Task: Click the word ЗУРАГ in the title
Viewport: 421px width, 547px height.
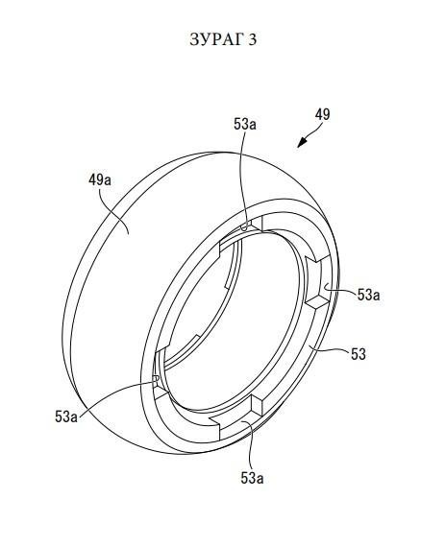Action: pos(216,39)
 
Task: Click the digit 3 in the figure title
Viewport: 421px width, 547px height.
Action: pos(253,39)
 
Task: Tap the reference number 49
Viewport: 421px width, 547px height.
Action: pos(322,114)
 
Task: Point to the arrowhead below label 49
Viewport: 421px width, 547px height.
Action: pos(301,143)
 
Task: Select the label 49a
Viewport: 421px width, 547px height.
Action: pos(100,180)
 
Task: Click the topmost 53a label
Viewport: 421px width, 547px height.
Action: pos(245,124)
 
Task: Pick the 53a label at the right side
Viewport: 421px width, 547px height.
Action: pos(368,295)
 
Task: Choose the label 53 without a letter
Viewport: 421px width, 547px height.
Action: pos(359,354)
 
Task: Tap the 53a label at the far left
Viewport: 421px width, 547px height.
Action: pos(66,416)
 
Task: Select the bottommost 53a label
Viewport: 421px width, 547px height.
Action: pos(252,478)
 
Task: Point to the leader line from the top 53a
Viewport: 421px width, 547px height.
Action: pos(242,181)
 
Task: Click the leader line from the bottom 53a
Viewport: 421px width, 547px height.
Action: pos(251,444)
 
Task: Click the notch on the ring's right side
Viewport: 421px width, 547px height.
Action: pos(318,281)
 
